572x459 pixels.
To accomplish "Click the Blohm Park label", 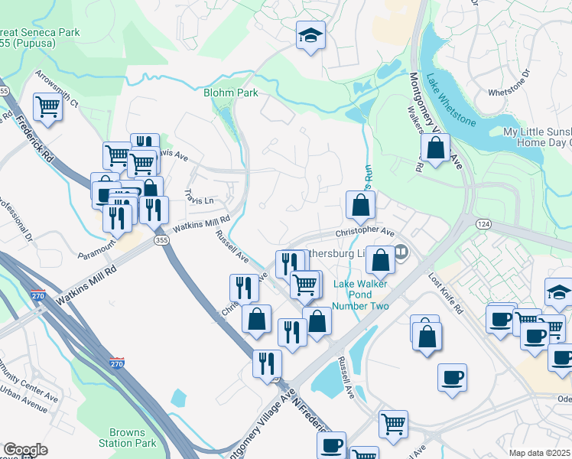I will (230, 93).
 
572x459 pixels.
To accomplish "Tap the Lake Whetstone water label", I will (451, 100).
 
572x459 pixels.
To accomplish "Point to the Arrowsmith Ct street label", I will (56, 87).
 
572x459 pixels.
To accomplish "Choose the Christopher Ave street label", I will (364, 232).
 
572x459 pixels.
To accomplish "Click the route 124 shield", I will (487, 224).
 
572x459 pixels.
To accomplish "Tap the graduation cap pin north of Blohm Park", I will (310, 35).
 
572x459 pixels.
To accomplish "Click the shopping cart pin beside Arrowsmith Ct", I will (47, 106).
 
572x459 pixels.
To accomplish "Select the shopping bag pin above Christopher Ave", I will (359, 204).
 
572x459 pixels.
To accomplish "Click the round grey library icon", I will (401, 251).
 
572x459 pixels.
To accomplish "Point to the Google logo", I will (25, 450).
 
